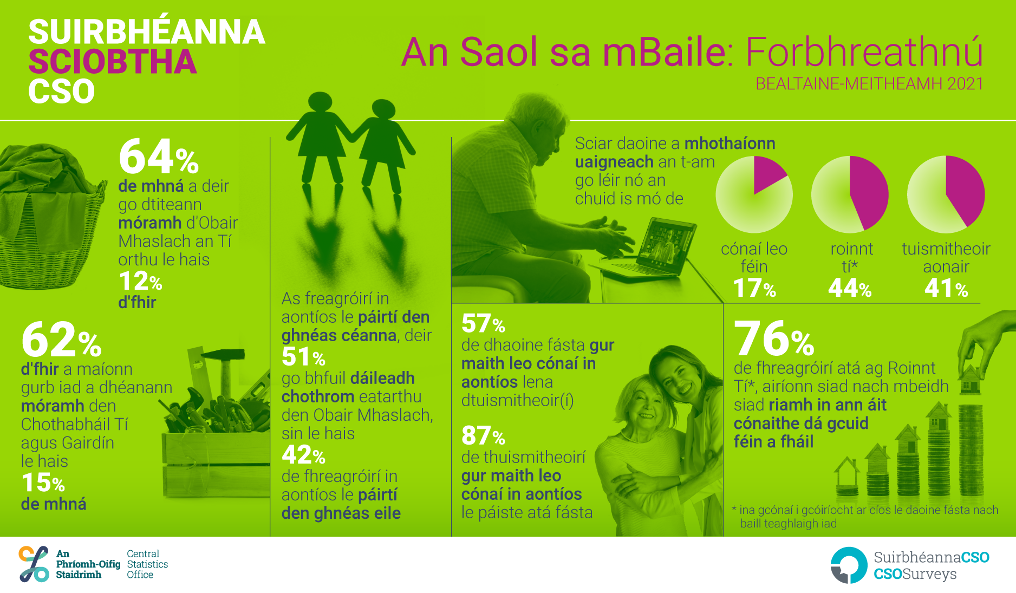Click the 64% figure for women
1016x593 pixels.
pyautogui.click(x=159, y=157)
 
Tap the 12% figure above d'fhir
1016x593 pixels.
pyautogui.click(x=140, y=282)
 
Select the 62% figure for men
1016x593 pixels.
pyautogui.click(x=61, y=340)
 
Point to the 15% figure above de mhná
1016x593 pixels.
pyautogui.click(x=43, y=483)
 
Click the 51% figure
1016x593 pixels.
pyautogui.click(x=303, y=357)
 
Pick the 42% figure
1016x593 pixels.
pyautogui.click(x=303, y=455)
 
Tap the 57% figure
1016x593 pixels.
pyautogui.click(x=483, y=324)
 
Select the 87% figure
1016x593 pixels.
pyautogui.click(x=483, y=435)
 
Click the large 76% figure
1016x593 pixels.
pyautogui.click(x=774, y=338)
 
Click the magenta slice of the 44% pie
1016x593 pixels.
pyautogui.click(x=868, y=191)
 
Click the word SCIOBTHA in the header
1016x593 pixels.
pyautogui.click(x=112, y=62)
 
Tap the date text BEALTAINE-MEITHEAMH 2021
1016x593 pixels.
pyautogui.click(x=869, y=84)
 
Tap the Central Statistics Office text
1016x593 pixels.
pyautogui.click(x=147, y=564)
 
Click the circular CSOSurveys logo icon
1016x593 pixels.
pyautogui.click(x=849, y=565)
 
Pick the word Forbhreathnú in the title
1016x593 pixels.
pyautogui.click(x=864, y=52)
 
